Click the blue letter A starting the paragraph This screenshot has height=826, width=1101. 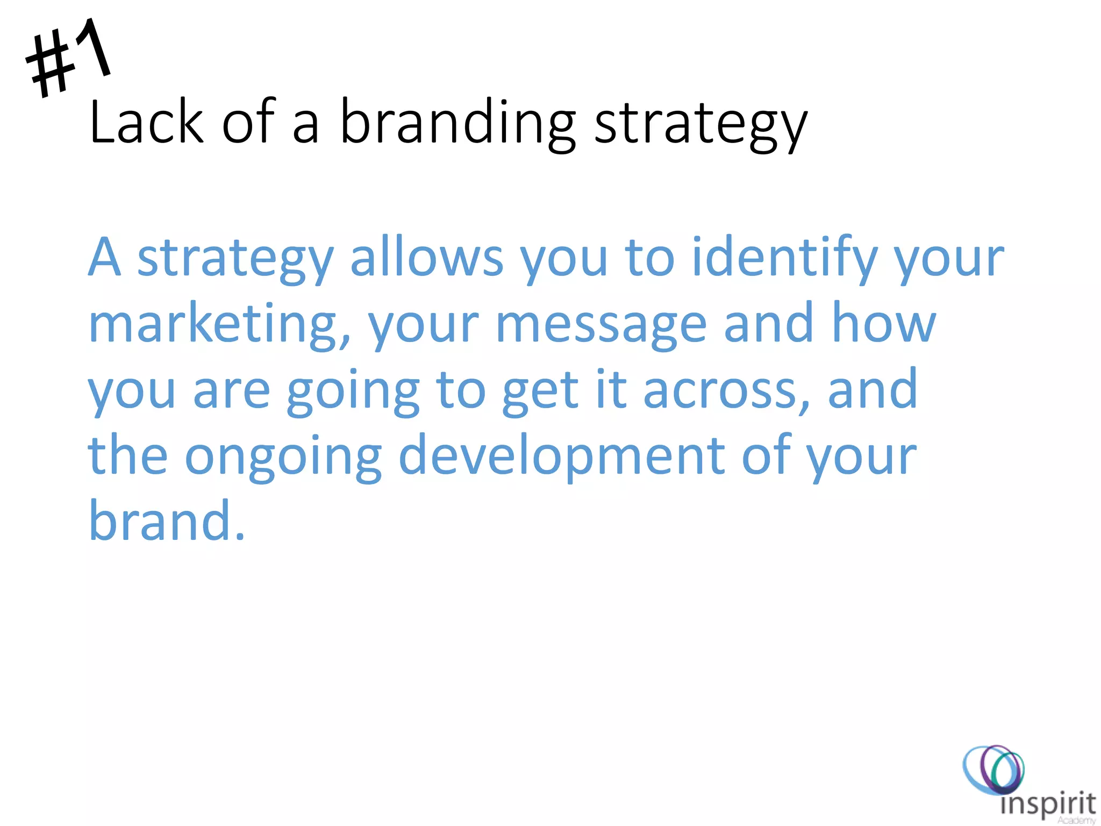[x=104, y=258]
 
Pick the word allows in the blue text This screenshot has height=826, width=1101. [x=427, y=258]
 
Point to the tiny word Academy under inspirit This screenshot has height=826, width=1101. [x=1076, y=821]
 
